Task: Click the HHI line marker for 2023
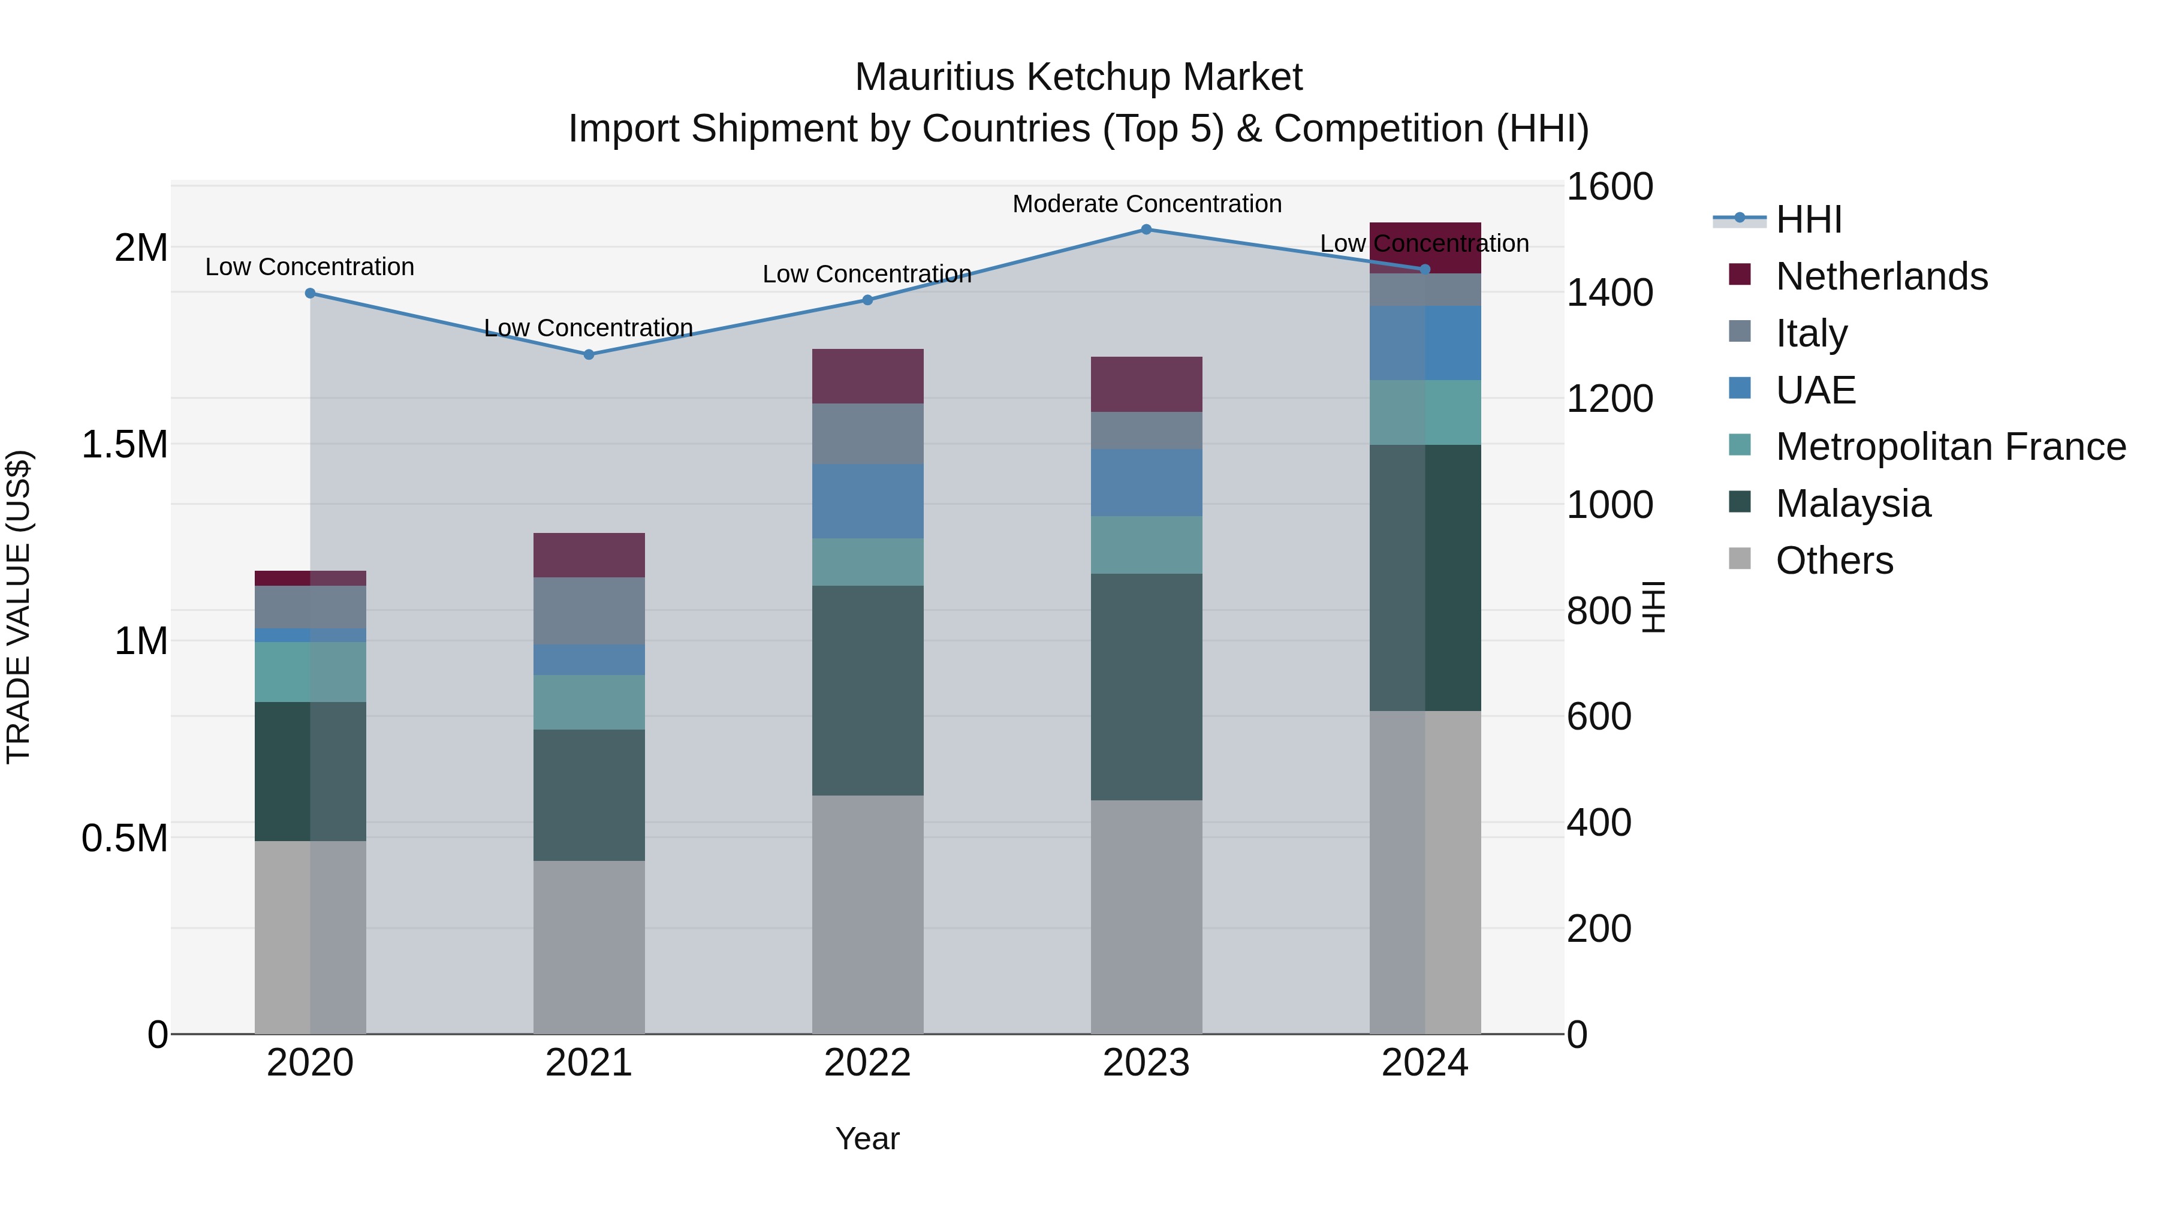coord(1146,230)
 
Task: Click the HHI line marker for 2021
coord(589,354)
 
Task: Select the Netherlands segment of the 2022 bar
coord(868,376)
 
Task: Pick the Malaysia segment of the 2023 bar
coord(1146,686)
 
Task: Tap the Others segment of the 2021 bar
coord(589,947)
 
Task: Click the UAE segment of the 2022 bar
coord(868,501)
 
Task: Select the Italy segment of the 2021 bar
coord(589,611)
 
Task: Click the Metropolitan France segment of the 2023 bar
coord(1146,544)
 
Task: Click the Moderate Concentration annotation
coord(1147,204)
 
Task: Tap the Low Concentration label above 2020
coord(309,266)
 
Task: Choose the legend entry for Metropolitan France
coord(1950,447)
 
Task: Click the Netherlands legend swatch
coord(1739,275)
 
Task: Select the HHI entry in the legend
coord(1808,219)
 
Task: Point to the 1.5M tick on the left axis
coord(124,445)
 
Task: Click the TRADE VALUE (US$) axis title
coord(19,607)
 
